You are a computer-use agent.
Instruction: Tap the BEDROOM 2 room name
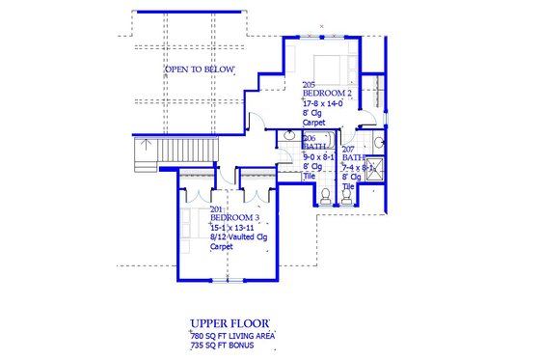(328, 93)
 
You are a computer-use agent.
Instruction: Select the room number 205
(309, 84)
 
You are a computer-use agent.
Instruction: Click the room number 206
(283, 138)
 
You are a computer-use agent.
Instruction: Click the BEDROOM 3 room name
(234, 217)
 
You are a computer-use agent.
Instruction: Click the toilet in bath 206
(325, 196)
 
